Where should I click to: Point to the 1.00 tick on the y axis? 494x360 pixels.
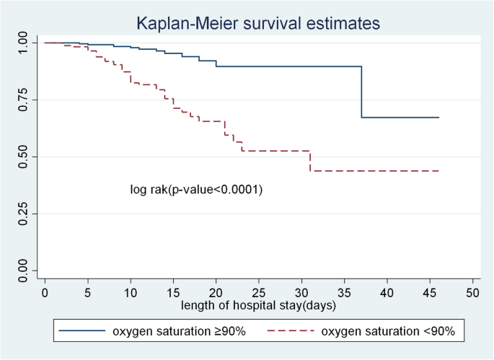click(x=24, y=43)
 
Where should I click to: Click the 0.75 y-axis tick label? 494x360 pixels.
click(x=24, y=100)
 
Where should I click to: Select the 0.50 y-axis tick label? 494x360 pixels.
click(x=24, y=157)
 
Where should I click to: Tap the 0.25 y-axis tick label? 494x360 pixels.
click(x=24, y=214)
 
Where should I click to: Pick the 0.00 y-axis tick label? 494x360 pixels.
click(x=24, y=271)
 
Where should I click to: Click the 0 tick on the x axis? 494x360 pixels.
click(x=45, y=295)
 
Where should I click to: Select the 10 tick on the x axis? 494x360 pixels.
click(x=131, y=295)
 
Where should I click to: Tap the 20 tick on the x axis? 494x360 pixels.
click(x=216, y=295)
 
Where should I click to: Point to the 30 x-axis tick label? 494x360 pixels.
click(x=301, y=295)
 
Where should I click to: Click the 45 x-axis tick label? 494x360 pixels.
click(x=430, y=295)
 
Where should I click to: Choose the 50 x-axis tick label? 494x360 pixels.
click(x=472, y=295)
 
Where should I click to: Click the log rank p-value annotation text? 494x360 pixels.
click(x=196, y=190)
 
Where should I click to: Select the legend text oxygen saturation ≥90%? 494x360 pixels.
click(x=178, y=331)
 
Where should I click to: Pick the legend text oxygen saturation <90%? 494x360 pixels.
click(x=387, y=331)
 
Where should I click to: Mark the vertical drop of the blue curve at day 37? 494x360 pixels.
click(x=361, y=92)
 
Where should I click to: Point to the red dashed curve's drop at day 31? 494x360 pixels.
click(x=310, y=161)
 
